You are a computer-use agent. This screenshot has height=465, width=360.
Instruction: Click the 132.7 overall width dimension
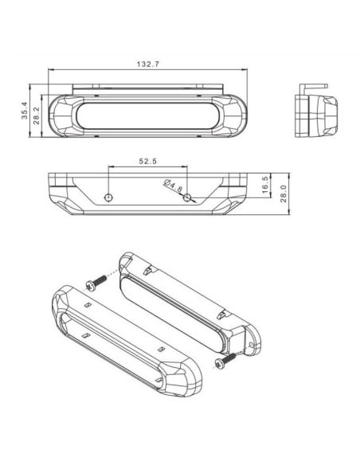tap(147, 64)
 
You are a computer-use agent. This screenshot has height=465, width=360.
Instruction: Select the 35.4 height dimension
tap(26, 111)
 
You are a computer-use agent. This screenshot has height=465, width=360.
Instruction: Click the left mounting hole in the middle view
tap(110, 196)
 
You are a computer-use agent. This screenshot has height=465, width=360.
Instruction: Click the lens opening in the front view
tap(147, 114)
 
